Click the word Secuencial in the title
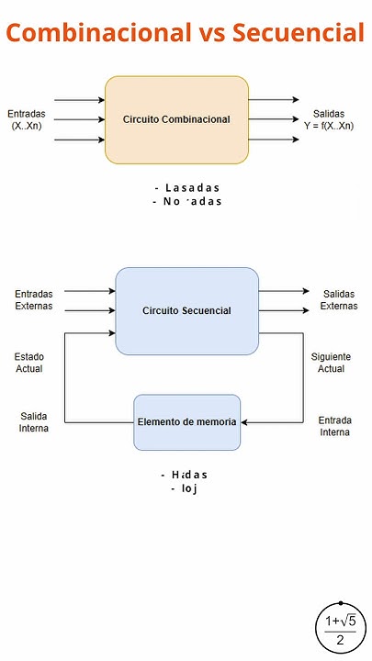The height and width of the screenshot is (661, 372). coord(299,34)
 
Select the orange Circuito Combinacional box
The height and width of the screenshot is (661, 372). coord(176,119)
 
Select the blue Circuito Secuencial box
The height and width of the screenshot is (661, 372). coord(186,310)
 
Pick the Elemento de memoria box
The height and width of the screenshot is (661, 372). coord(186,422)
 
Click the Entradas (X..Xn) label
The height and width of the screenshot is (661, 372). coord(28,120)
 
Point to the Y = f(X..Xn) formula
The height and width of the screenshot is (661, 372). coord(329,126)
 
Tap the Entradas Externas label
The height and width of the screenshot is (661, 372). coord(34,300)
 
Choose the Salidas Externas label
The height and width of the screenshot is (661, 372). coord(338,300)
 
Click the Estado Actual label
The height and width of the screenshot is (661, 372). coord(28,363)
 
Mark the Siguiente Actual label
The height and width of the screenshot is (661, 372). coord(331,363)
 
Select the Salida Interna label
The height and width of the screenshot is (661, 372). coord(34,422)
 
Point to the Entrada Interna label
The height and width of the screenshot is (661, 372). coord(334,426)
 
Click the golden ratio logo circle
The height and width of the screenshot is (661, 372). coord(341,630)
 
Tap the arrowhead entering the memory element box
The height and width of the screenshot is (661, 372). coord(244,422)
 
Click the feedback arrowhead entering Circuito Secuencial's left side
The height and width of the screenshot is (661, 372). coord(111,332)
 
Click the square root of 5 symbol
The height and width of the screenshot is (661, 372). coord(347,622)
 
